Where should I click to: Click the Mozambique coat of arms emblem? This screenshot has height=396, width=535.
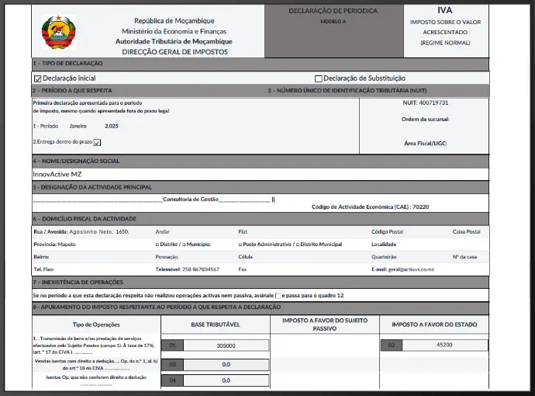pos(59,32)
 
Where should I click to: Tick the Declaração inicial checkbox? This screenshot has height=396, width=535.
pos(37,78)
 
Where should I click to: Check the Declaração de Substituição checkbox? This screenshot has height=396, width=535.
pos(319,78)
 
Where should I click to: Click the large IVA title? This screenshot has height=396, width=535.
pos(444,10)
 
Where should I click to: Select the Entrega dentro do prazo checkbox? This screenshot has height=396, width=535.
pos(97,143)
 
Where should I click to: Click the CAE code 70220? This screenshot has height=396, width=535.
pos(421,207)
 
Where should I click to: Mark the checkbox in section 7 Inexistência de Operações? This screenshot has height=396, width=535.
pos(279,296)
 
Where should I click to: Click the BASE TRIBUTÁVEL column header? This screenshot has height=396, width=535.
pos(214,324)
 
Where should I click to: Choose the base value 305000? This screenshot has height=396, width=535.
pos(226,346)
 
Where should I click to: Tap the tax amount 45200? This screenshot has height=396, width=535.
pos(444,345)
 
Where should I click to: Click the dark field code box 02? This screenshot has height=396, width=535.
pos(392,345)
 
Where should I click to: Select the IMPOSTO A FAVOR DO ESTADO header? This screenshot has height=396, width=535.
pos(434,324)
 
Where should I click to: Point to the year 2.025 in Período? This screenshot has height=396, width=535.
pos(112,125)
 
